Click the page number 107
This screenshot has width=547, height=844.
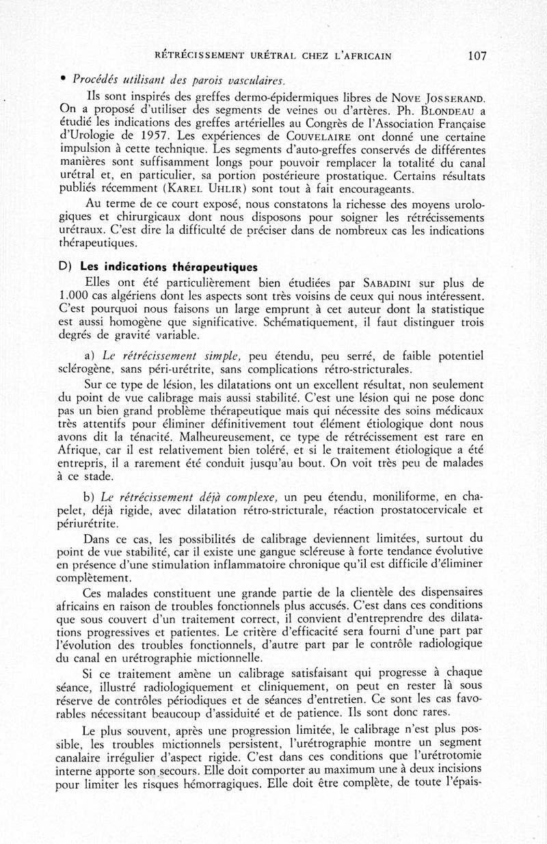point(477,56)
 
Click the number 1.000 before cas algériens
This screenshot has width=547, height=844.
point(74,296)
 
